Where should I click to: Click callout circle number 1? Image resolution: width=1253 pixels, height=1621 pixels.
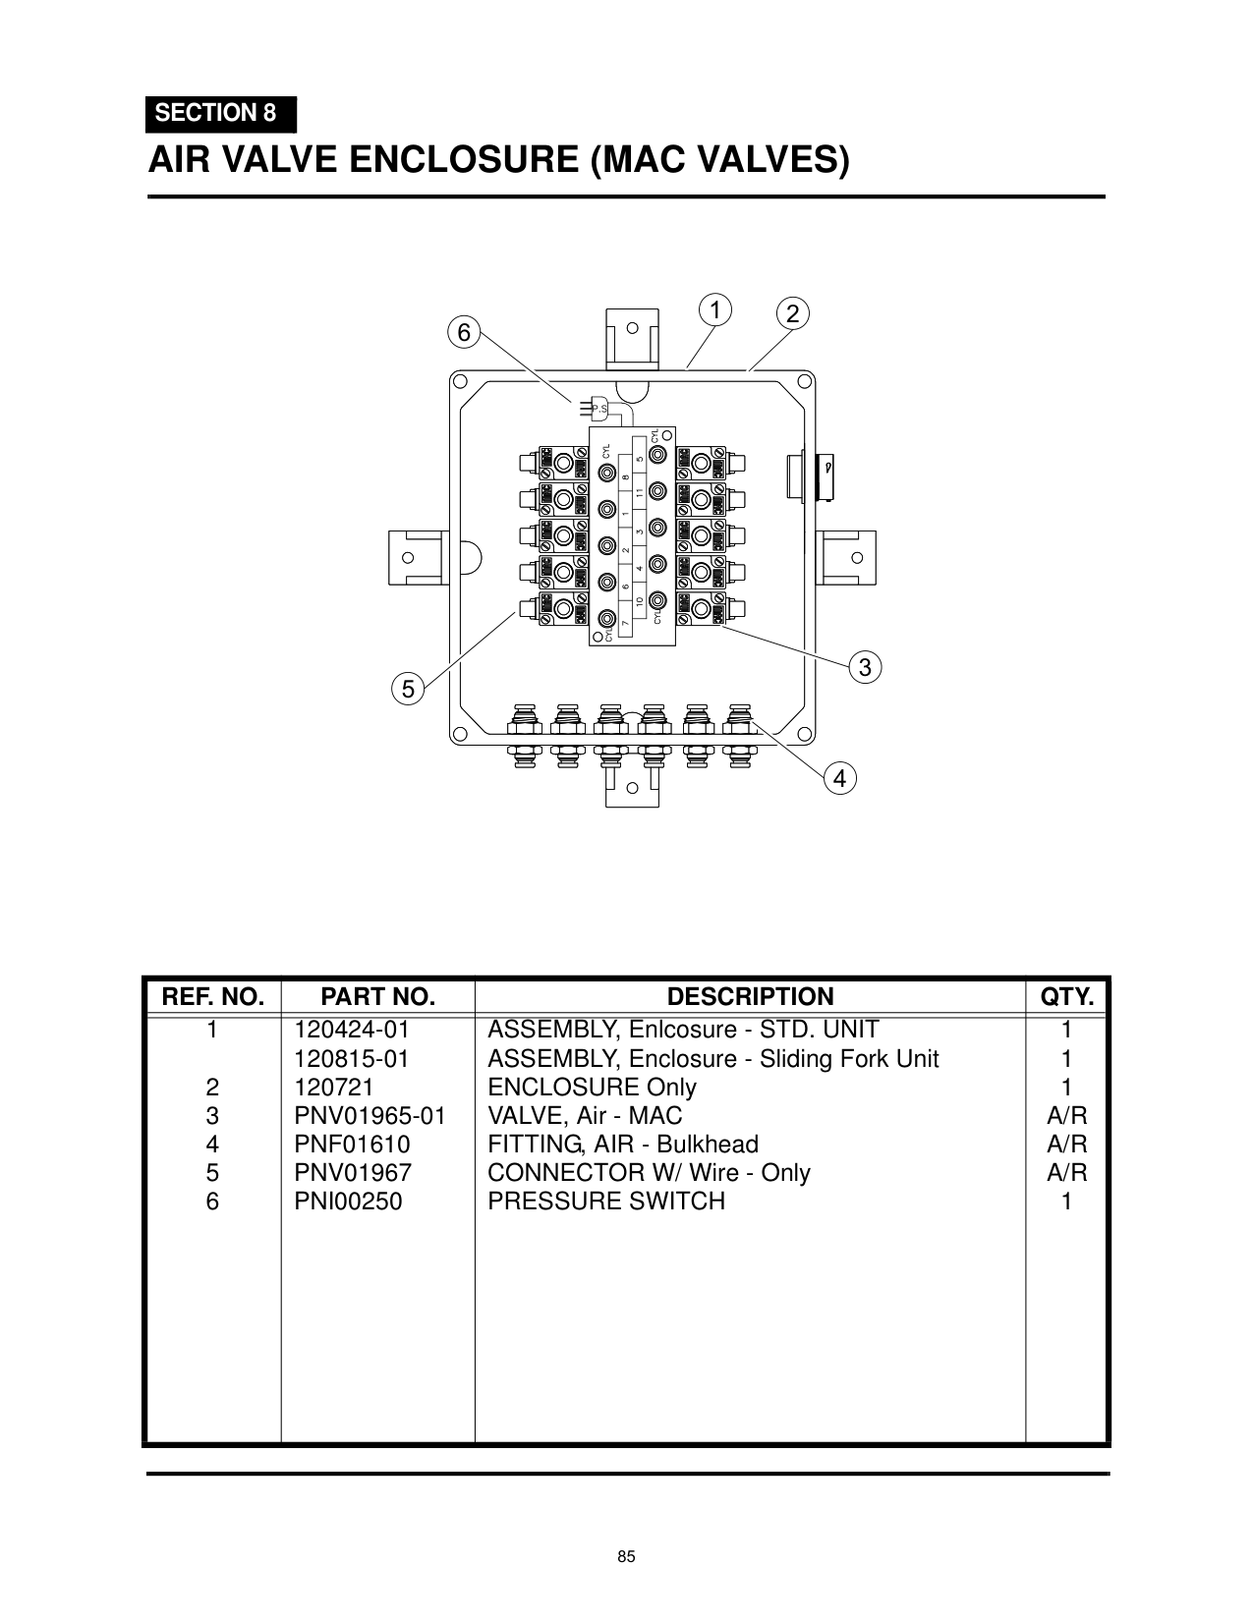point(715,310)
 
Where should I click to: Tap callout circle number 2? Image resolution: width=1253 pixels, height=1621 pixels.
point(792,314)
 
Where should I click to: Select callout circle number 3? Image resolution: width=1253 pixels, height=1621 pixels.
point(864,668)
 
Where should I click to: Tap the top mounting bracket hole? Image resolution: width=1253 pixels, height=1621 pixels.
point(633,328)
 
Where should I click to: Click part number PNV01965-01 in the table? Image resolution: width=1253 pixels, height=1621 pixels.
point(370,1116)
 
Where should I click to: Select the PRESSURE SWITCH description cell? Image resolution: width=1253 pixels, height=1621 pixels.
point(606,1202)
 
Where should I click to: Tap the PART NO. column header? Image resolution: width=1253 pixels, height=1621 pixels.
point(377,997)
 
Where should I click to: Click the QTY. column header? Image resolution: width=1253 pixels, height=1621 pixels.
point(1066,997)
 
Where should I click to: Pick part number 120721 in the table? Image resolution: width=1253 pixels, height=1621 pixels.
point(334,1088)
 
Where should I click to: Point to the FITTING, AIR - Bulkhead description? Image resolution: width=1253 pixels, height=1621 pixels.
point(623,1145)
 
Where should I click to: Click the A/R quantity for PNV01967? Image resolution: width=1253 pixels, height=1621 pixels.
point(1066,1173)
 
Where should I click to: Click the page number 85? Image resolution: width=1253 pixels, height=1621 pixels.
point(627,1557)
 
